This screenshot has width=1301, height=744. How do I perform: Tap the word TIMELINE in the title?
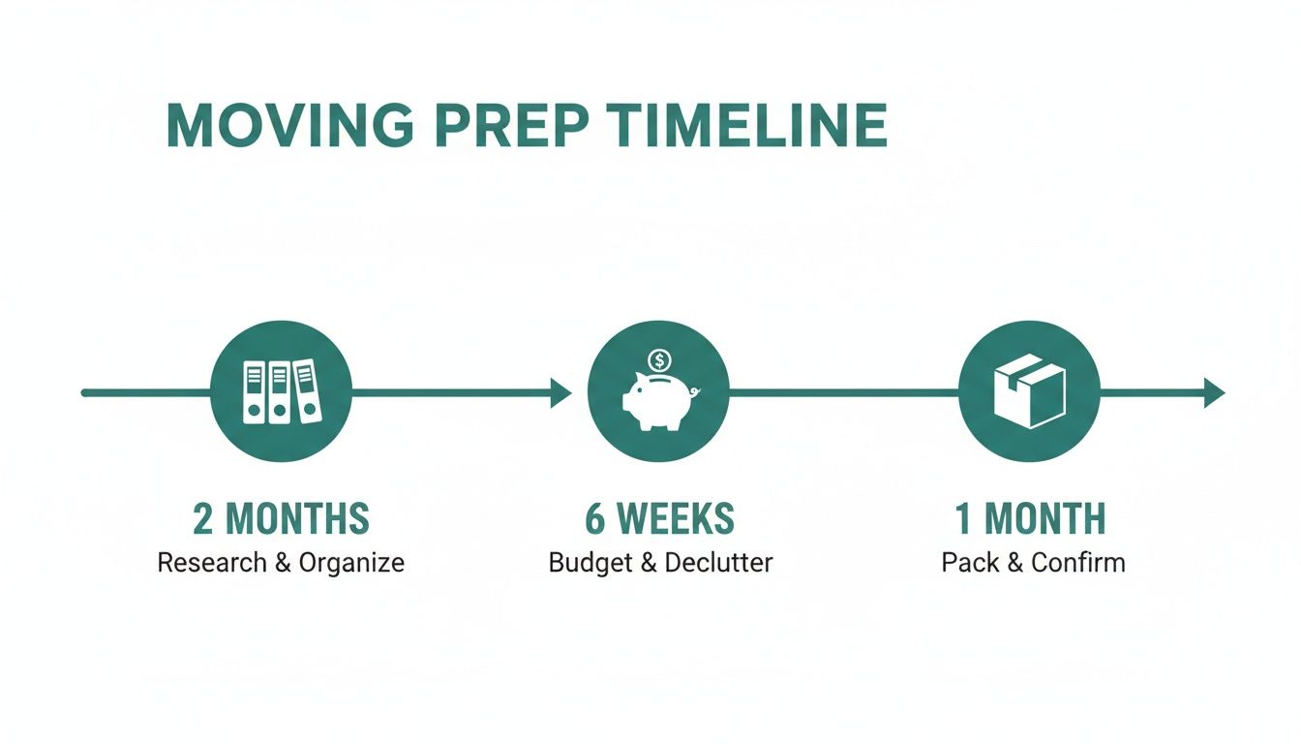click(742, 125)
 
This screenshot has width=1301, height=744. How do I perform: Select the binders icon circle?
click(281, 392)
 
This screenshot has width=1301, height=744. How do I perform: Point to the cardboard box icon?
click(1029, 391)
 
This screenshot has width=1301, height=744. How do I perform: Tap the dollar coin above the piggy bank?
click(659, 361)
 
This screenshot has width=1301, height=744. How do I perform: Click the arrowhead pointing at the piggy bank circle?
click(561, 392)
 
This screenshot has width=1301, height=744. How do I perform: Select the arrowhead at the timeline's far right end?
click(1214, 392)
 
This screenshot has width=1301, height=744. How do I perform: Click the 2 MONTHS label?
click(281, 520)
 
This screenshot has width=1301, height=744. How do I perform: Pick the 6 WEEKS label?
click(659, 520)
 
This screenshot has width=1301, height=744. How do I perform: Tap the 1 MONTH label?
click(1030, 520)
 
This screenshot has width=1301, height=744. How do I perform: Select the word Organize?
click(350, 563)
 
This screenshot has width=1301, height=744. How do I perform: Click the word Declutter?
click(717, 563)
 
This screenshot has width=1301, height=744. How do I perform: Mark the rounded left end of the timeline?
click(86, 392)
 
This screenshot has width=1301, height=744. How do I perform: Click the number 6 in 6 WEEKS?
click(595, 520)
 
